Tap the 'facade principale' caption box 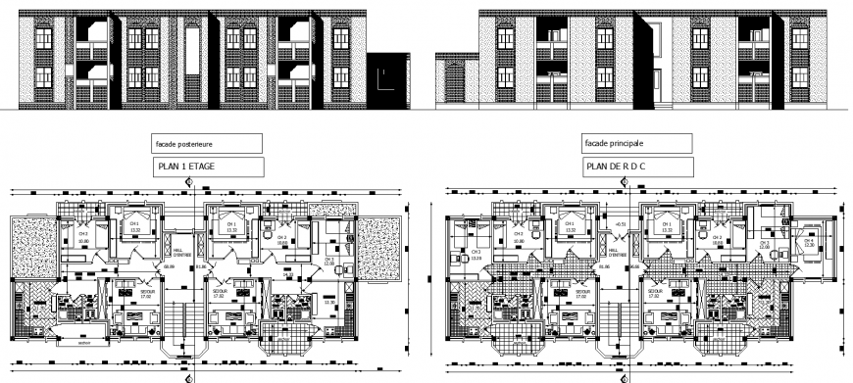tap(636, 143)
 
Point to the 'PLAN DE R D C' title tap(636, 167)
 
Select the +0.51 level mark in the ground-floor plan tap(620, 225)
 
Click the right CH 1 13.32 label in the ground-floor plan tap(667, 227)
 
